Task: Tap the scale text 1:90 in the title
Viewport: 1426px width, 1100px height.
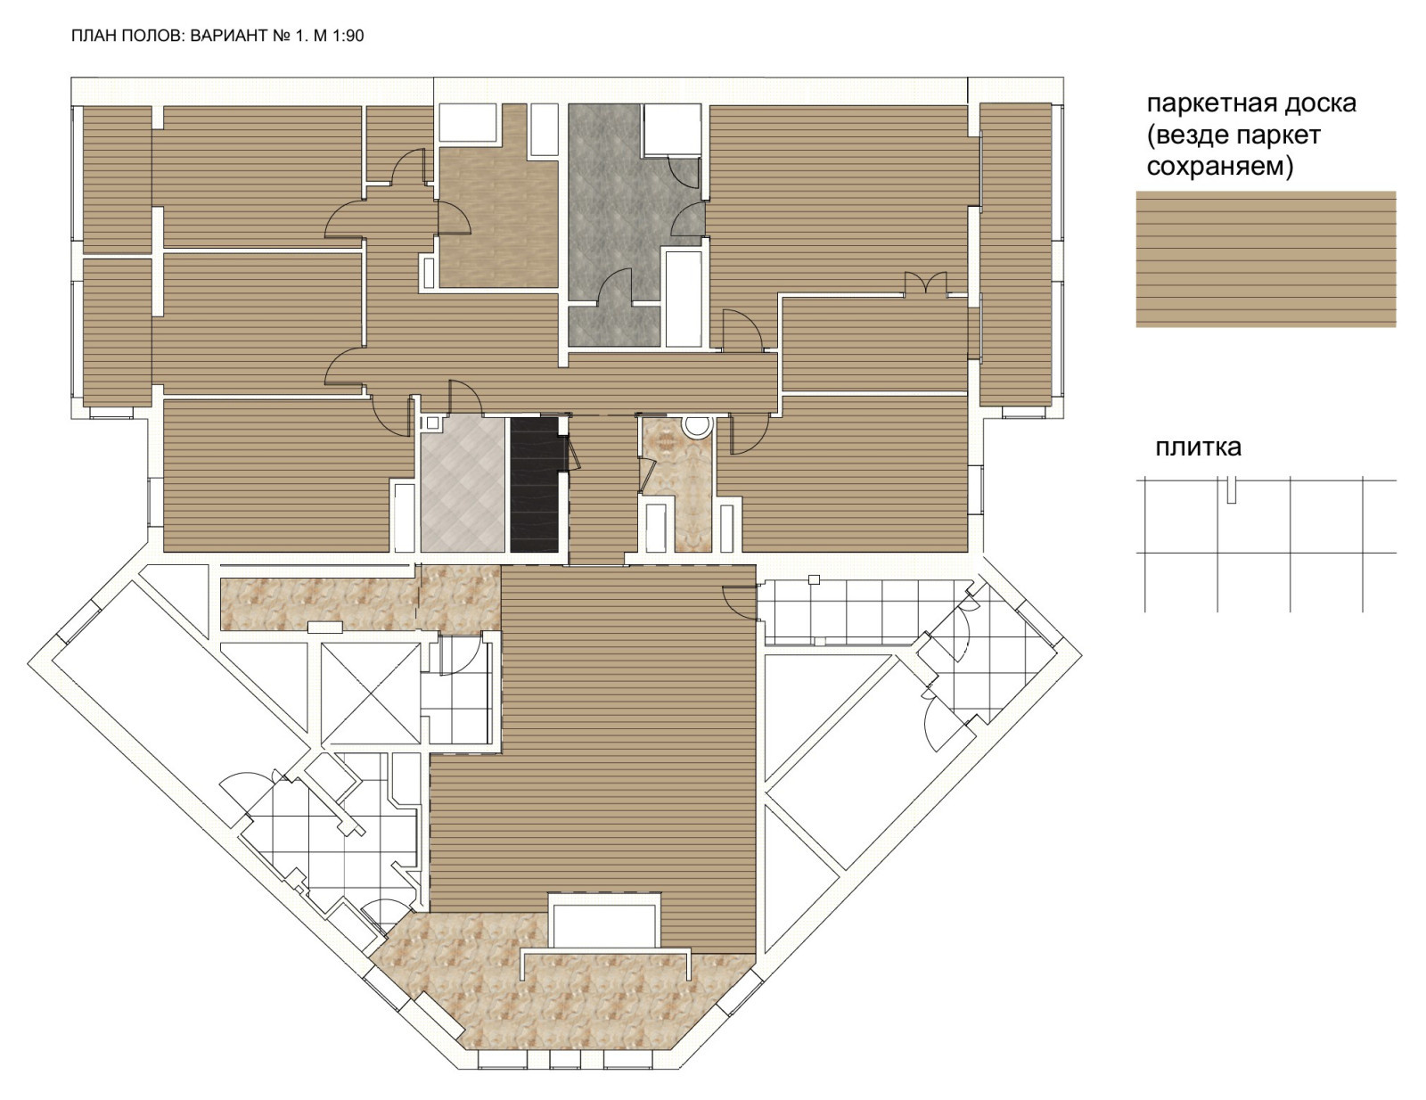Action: (x=348, y=36)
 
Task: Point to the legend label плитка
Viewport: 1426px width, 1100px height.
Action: (x=1199, y=447)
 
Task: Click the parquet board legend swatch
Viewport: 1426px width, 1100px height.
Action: (x=1266, y=259)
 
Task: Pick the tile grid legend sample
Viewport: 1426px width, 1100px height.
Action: (x=1266, y=544)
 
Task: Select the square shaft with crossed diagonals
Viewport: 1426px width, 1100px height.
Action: (x=370, y=694)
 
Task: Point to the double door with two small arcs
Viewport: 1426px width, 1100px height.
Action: (x=925, y=284)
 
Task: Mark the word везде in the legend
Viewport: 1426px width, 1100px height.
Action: (x=1188, y=135)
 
